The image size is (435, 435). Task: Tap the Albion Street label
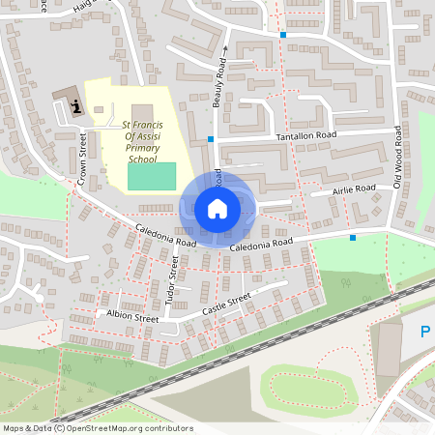click(x=132, y=317)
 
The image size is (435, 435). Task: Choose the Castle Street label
click(x=226, y=306)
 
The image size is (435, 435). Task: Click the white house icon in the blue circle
click(x=217, y=208)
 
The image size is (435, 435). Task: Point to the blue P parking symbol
click(x=424, y=333)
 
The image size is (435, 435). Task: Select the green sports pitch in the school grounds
click(x=152, y=176)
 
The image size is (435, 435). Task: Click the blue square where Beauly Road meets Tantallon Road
click(x=210, y=140)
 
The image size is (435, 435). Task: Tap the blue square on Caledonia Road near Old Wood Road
click(x=353, y=238)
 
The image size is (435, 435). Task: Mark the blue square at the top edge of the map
click(x=283, y=36)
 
